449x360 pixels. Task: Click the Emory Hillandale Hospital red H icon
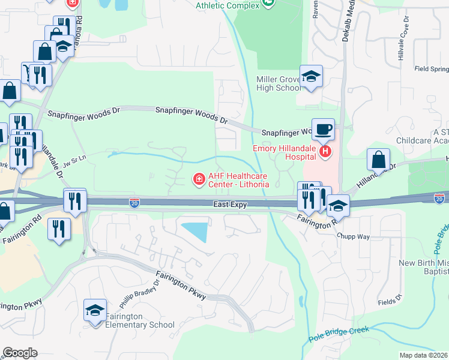point(325,152)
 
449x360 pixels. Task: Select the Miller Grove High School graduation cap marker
point(311,77)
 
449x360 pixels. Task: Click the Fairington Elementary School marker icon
point(95,310)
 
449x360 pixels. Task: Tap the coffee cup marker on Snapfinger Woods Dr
point(323,128)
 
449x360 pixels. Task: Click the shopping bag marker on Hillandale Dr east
point(379,160)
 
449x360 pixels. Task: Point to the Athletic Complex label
point(228,5)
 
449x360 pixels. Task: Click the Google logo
point(20,352)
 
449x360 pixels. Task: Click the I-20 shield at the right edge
point(440,197)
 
